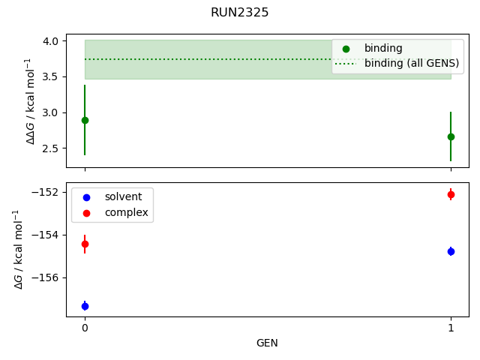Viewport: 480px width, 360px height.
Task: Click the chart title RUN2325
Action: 240,13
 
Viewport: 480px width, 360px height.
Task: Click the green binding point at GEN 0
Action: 85,120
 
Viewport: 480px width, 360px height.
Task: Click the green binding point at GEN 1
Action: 451,136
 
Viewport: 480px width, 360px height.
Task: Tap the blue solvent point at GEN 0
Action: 85,306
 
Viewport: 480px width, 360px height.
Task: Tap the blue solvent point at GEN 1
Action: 451,251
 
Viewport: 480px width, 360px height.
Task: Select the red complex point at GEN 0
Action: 85,244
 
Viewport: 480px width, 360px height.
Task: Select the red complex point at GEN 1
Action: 451,194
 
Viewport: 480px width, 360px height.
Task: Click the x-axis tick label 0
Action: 85,328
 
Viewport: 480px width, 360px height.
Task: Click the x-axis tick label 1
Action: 451,328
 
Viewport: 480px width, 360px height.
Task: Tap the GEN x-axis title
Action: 267,343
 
